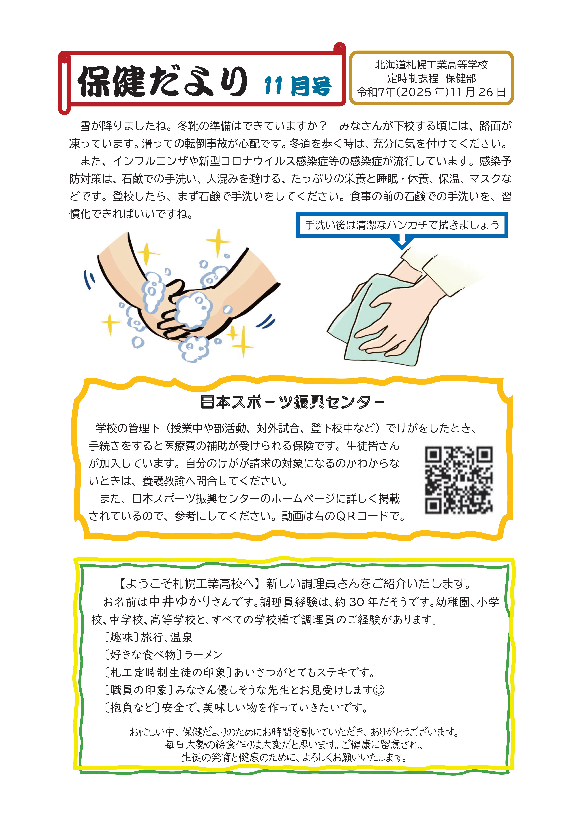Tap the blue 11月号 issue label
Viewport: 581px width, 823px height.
pos(298,86)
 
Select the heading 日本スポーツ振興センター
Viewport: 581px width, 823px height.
pos(292,402)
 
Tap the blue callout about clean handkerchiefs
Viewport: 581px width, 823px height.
pos(402,225)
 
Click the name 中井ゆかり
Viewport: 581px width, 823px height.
pos(180,601)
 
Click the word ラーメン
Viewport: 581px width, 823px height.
pos(203,655)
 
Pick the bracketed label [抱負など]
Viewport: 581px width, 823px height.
pos(131,707)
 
